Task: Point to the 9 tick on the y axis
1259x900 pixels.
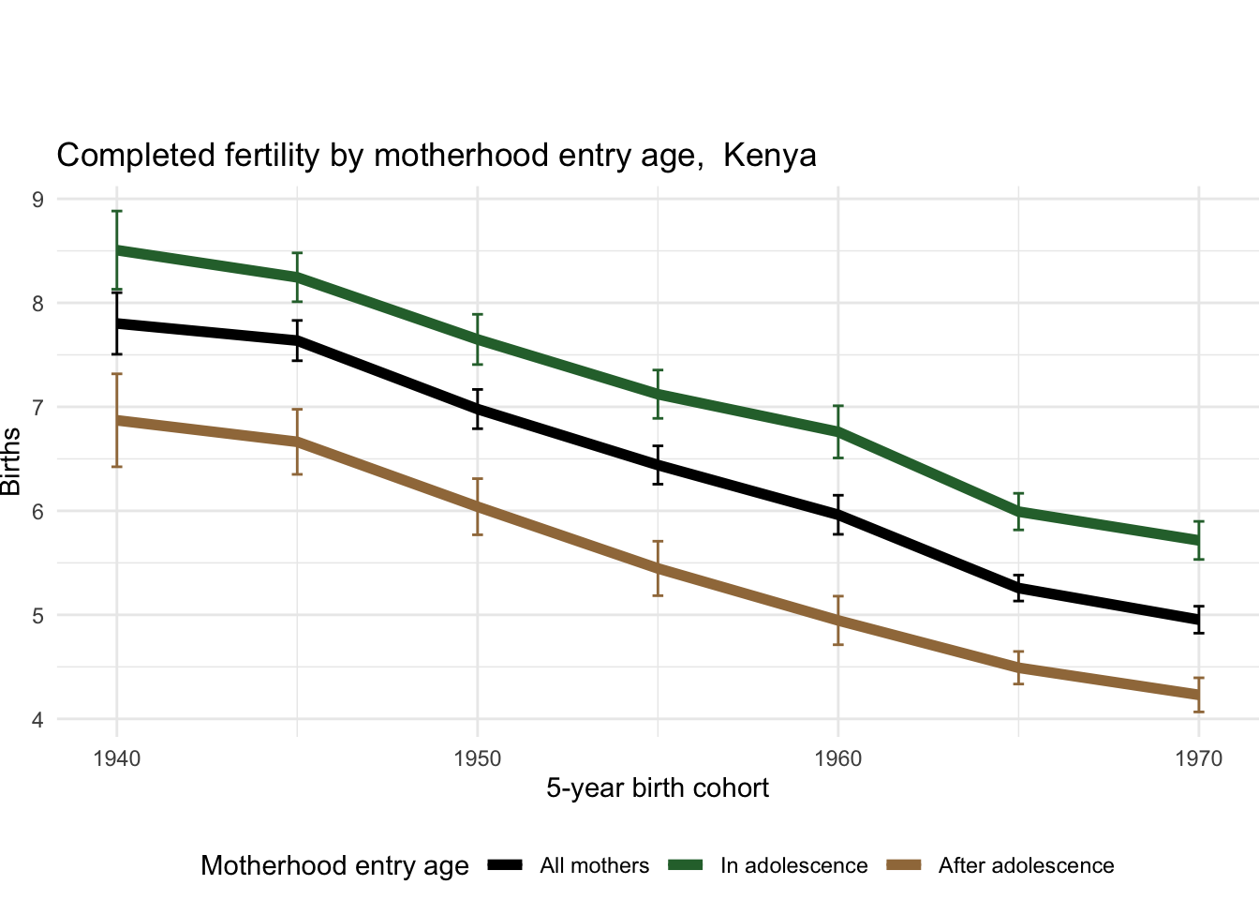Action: tap(38, 199)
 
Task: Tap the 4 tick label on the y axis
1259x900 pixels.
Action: tap(38, 720)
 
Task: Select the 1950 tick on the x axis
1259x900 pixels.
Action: tap(478, 758)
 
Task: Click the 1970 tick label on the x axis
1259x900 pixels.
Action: tap(1199, 758)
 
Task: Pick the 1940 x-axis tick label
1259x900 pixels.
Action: tap(117, 758)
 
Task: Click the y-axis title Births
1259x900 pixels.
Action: tap(11, 461)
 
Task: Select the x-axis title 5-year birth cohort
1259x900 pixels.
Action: tap(658, 788)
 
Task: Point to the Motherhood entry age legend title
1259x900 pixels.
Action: tap(334, 866)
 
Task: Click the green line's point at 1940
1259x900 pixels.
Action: tap(117, 250)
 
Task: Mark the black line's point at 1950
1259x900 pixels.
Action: tap(478, 409)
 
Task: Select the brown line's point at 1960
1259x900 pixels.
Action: tap(838, 621)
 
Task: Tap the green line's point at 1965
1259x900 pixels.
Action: tap(1018, 511)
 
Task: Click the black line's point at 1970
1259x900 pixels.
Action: tap(1199, 620)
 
